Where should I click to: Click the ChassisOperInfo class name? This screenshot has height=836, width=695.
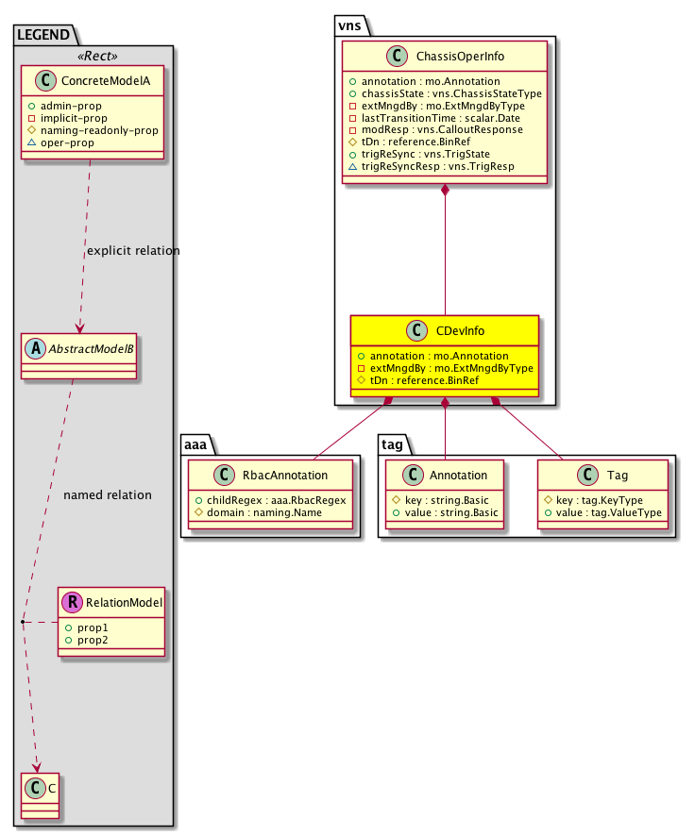click(460, 57)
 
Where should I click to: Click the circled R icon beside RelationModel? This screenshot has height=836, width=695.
click(73, 602)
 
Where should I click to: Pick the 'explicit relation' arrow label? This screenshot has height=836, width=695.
click(133, 251)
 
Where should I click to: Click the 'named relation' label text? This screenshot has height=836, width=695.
click(107, 494)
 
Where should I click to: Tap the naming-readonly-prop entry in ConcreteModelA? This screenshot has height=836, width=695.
click(98, 130)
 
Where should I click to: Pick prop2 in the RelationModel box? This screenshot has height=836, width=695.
click(87, 640)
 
